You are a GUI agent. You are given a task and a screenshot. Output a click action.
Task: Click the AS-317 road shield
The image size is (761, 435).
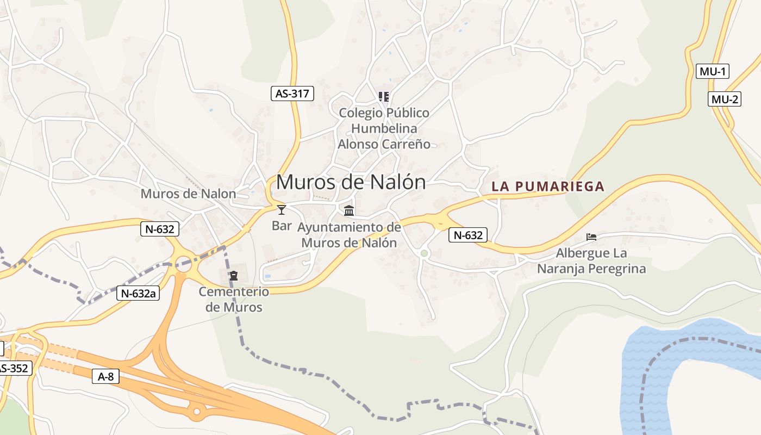pyautogui.click(x=292, y=94)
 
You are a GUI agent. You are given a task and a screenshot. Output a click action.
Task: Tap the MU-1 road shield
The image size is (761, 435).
pyautogui.click(x=712, y=71)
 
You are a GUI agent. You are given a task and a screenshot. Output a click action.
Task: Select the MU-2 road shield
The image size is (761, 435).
pyautogui.click(x=725, y=99)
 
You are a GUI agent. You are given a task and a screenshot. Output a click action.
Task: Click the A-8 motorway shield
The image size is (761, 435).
pyautogui.click(x=105, y=376)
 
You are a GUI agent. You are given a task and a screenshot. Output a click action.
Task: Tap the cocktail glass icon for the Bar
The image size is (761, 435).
pyautogui.click(x=282, y=210)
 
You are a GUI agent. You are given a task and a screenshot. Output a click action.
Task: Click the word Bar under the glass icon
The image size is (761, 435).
pyautogui.click(x=282, y=225)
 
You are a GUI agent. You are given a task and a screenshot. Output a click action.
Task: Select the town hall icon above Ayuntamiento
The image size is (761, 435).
pyautogui.click(x=349, y=210)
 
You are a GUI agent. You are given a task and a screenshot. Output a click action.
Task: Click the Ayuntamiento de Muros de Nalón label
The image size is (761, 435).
pyautogui.click(x=349, y=235)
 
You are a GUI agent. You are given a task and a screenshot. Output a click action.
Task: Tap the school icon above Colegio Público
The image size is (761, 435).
pyautogui.click(x=384, y=97)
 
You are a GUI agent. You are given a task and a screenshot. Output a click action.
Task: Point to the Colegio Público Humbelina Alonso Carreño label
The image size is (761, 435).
pyautogui.click(x=384, y=128)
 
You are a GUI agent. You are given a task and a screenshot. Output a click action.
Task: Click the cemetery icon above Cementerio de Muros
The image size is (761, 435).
pyautogui.click(x=234, y=276)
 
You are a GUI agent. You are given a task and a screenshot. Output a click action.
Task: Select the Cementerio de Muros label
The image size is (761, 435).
pyautogui.click(x=234, y=300)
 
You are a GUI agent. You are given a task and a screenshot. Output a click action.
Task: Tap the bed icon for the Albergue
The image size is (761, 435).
pyautogui.click(x=591, y=237)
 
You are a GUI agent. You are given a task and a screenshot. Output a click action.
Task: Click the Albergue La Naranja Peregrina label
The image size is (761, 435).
pyautogui.click(x=591, y=261)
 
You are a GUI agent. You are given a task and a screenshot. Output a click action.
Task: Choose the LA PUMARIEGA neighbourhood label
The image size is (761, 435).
pyautogui.click(x=548, y=187)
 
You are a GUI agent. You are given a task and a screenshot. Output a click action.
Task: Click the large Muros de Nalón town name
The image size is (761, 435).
pyautogui.click(x=351, y=182)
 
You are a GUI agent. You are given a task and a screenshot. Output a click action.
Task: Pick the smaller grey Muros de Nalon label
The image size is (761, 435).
pyautogui.click(x=188, y=194)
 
